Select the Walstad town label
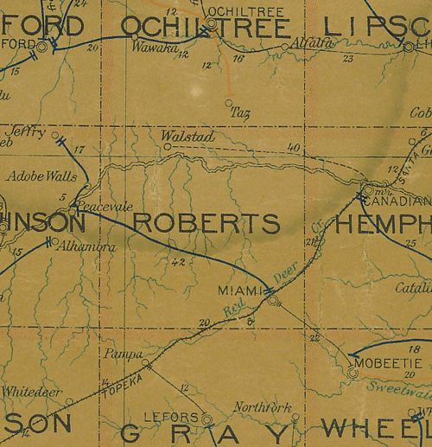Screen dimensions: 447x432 coord(181,136)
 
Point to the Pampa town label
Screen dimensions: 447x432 coord(115,354)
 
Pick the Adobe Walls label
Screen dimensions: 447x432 coord(35,176)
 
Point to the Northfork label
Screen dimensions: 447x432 coord(263,408)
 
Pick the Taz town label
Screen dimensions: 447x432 coord(240,112)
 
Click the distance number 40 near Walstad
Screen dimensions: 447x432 coord(294,149)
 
